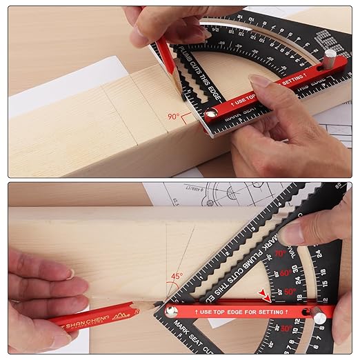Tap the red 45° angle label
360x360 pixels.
(177, 277)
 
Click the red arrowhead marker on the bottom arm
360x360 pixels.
(263, 296)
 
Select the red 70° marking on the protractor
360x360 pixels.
(280, 254)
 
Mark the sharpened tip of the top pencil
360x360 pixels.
(181, 94)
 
